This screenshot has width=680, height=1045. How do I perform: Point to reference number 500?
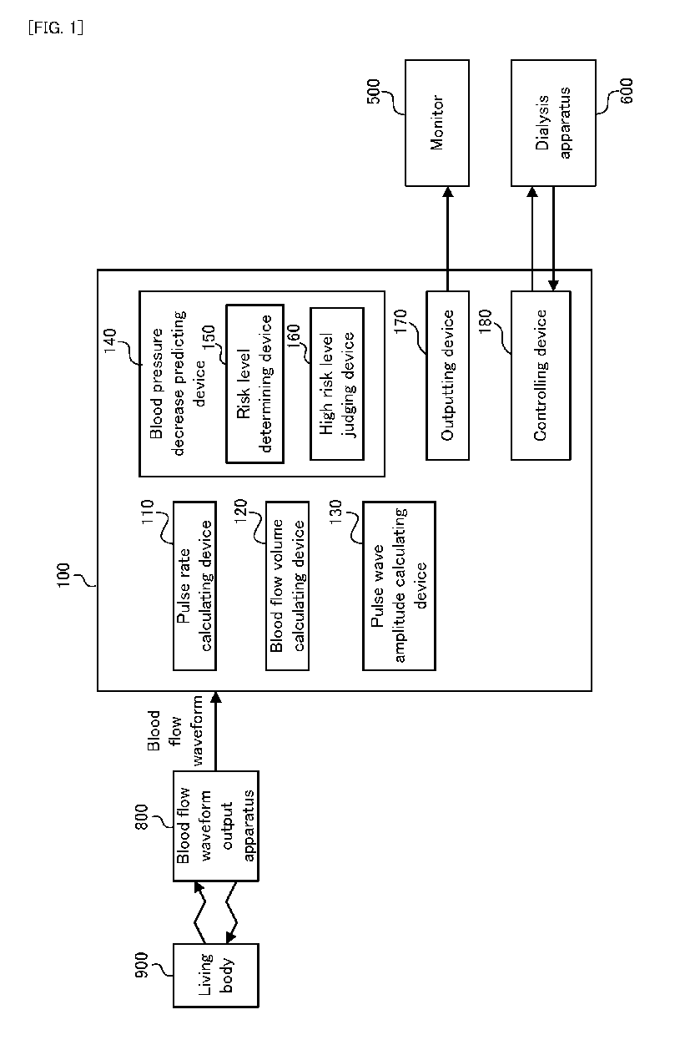pos(374,92)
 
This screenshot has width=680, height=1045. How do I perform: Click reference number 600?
pos(627,91)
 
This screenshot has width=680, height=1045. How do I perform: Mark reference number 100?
pos(63,575)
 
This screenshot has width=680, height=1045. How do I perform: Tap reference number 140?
pos(109,341)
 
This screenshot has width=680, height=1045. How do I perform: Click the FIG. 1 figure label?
pos(56,28)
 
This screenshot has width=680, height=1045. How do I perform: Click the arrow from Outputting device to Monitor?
pos(447,239)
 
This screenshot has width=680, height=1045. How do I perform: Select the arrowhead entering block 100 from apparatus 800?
pos(215,696)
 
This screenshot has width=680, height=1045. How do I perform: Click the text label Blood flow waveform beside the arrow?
pos(175,730)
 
